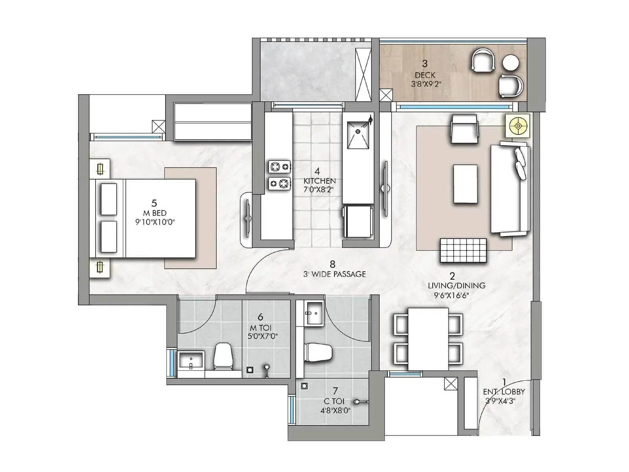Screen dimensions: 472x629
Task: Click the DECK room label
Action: [x=425, y=75]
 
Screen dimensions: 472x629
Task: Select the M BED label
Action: [x=154, y=213]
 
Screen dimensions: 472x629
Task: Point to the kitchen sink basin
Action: [x=358, y=135]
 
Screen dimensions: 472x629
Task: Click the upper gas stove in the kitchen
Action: [x=280, y=167]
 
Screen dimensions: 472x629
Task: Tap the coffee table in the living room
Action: [x=465, y=184]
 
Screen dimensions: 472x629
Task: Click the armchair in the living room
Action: [x=464, y=129]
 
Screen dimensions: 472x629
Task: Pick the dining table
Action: [x=428, y=339]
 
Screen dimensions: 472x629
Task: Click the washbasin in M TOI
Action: [x=191, y=360]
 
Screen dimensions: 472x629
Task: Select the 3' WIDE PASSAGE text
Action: [x=335, y=274]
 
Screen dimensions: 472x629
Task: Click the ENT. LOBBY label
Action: [x=504, y=392]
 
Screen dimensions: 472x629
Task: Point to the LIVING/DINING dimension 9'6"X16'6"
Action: [x=452, y=295]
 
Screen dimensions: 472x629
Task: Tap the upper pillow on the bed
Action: [x=109, y=199]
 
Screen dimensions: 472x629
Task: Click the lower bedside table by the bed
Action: [x=100, y=267]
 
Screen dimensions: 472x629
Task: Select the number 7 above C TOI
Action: [x=335, y=391]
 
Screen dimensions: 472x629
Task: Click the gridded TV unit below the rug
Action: [x=463, y=251]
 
